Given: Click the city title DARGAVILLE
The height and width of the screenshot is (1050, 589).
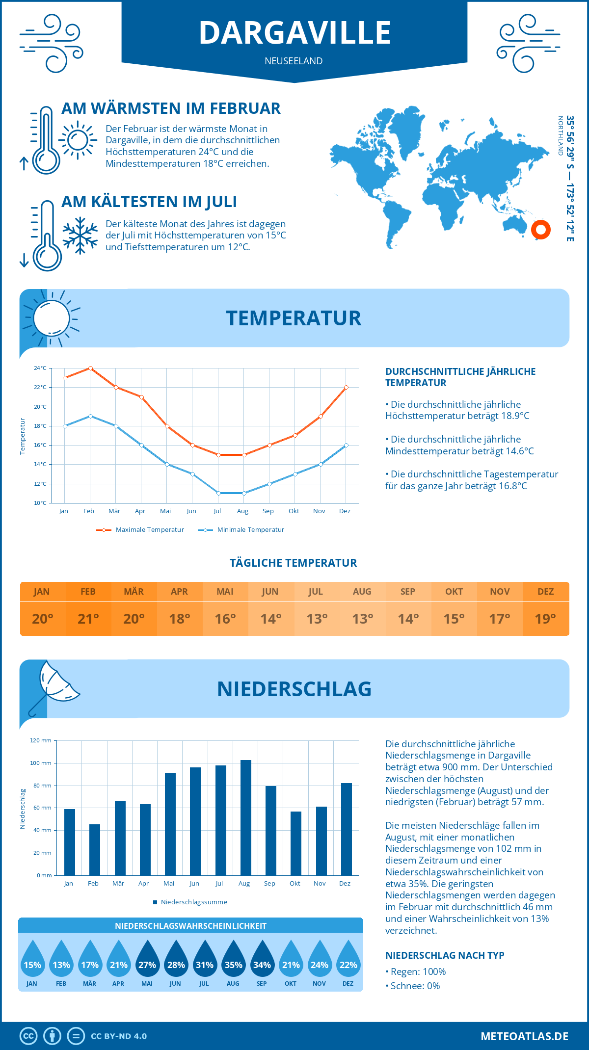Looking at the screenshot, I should pos(294,33).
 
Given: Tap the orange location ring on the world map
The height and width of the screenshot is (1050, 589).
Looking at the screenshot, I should pos(540,229).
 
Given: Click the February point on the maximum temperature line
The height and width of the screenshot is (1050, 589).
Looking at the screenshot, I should pos(90,368).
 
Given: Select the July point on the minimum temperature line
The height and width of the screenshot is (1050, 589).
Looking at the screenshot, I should pos(218,493).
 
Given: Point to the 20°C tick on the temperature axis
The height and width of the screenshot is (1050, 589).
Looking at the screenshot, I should pos(40,407).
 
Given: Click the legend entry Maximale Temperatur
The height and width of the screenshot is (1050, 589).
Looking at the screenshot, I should pos(140,530).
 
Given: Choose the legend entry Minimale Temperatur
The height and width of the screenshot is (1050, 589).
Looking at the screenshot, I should pos(241,530).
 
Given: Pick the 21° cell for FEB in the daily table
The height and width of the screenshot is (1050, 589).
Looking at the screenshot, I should pos(88,619).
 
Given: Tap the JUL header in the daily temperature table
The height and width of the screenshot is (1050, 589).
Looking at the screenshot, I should pos(316,592).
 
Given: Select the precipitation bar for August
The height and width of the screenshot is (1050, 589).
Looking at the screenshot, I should pos(245,817).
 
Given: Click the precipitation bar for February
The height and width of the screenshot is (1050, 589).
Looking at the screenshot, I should pos(94,850).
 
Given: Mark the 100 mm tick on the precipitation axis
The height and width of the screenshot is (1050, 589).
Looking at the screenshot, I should pos(40,763).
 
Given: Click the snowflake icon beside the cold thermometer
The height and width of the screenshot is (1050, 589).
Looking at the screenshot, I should pos(80,236).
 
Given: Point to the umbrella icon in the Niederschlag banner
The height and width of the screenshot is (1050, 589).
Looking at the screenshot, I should pos(54,684).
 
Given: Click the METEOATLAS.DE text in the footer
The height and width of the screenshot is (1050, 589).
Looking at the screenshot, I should pos(524,1036).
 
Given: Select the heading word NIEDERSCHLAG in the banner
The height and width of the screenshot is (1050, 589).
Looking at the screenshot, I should pos(294,689).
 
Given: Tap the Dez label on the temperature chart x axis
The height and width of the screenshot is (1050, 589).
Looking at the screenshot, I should pos(345,511).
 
